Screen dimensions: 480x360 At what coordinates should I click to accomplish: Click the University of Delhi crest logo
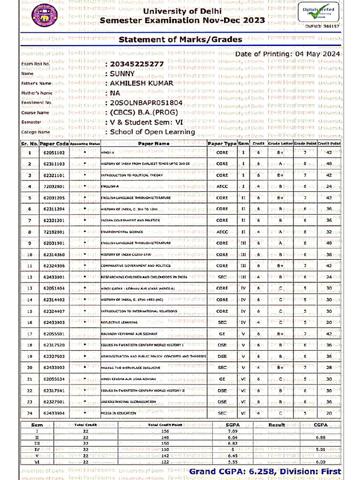[x=43, y=15]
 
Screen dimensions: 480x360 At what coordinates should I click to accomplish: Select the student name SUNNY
[x=122, y=74]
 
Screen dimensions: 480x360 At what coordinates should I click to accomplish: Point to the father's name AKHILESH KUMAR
[x=135, y=83]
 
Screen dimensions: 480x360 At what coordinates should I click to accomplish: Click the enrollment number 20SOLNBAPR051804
[x=146, y=102]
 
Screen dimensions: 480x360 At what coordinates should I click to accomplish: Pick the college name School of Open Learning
[x=152, y=132]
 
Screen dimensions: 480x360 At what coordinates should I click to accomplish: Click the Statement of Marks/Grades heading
[x=180, y=39]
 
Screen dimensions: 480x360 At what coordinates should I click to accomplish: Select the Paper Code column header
[x=54, y=143]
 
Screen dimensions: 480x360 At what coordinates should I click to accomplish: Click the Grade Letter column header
[x=280, y=143]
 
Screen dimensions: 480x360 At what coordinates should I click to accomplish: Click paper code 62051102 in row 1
[x=54, y=152]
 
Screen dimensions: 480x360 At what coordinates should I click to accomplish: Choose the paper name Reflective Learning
[x=119, y=322]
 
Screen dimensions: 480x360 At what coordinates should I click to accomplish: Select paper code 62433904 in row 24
[x=54, y=413]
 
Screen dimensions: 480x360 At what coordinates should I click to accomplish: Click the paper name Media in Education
[x=119, y=413]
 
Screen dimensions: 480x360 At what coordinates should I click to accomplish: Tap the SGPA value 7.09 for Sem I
[x=232, y=431]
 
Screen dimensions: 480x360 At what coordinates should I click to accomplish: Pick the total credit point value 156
[x=165, y=431]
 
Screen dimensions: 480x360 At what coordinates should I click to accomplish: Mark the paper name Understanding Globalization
[x=128, y=402]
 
